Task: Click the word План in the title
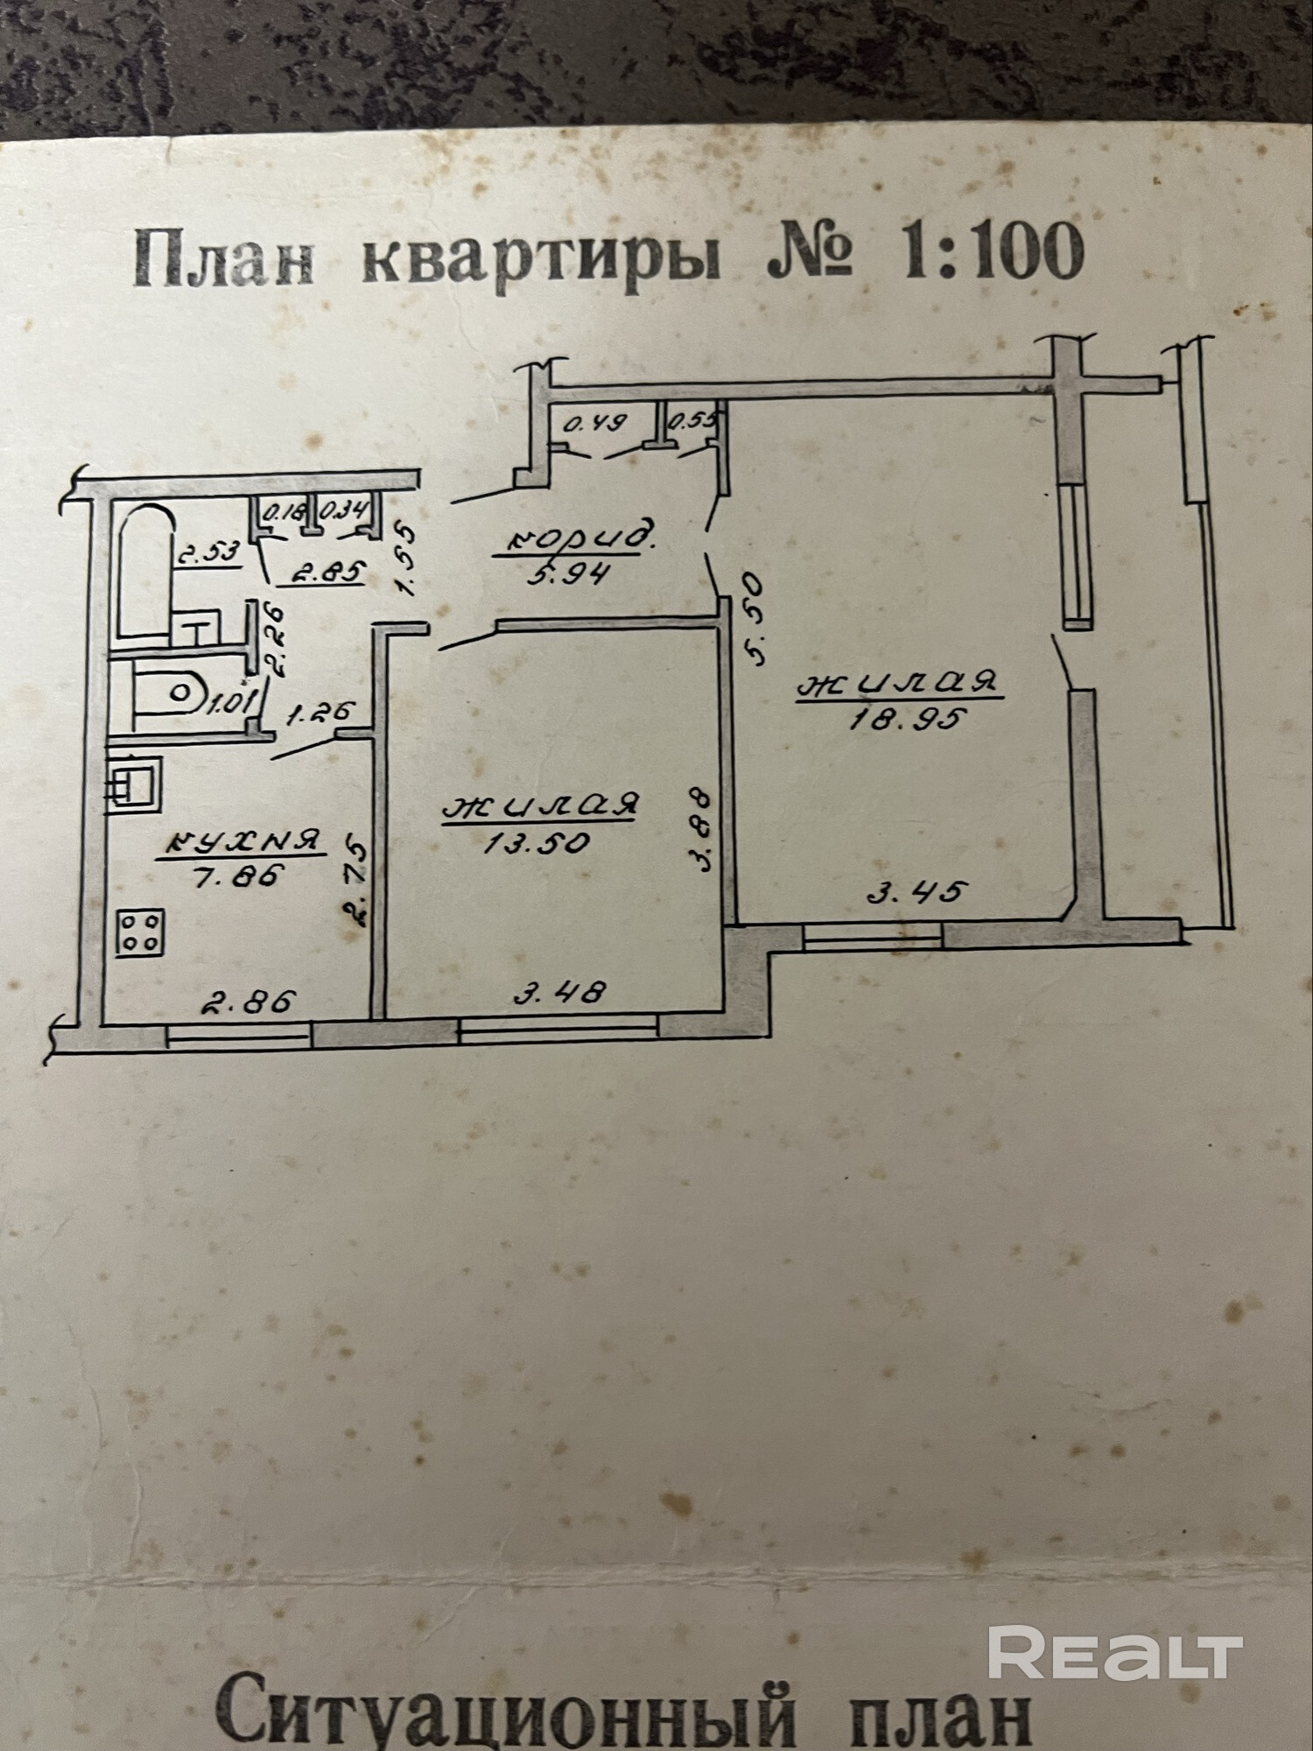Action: pos(224,257)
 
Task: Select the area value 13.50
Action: pos(537,842)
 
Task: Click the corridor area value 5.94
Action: pos(570,575)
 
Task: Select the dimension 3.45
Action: pos(916,892)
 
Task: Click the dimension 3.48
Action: pos(559,992)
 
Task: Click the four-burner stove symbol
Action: pos(140,932)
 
